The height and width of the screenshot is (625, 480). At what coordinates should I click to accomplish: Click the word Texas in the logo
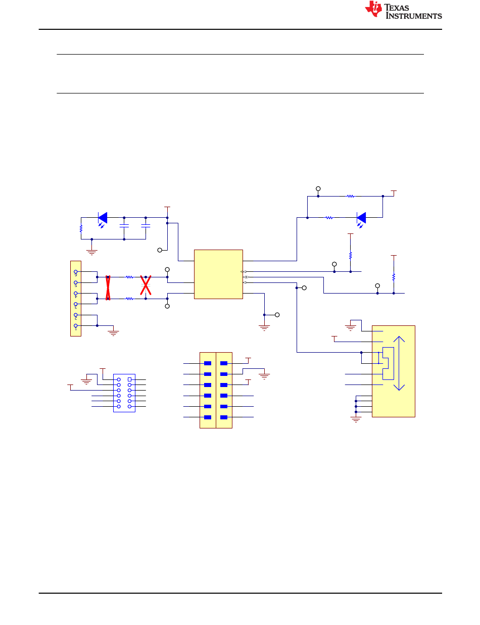pos(396,8)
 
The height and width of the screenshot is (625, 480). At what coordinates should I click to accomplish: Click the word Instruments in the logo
pos(414,16)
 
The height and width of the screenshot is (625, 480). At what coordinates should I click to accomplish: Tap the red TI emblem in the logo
pos(373,9)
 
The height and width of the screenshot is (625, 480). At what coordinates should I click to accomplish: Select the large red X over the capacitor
pos(146,285)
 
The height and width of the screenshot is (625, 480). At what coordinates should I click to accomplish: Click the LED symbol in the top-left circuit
pos(103,220)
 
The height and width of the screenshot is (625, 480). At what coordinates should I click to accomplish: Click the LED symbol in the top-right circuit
pos(361,220)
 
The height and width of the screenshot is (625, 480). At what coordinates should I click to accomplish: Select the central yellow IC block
pos(218,274)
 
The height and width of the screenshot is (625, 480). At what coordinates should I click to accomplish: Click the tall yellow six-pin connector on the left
pos(76,298)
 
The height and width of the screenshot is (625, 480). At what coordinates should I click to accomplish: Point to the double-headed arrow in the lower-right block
pos(399,363)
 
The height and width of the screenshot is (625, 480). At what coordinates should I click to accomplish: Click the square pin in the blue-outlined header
pos(129,379)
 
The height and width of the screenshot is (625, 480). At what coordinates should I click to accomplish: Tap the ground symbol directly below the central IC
pos(264,327)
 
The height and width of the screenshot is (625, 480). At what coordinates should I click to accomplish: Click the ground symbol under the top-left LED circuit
pos(92,252)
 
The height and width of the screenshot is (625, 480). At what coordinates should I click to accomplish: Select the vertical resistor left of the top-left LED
pos(81,229)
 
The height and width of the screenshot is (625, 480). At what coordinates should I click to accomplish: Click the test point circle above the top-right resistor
pos(318,188)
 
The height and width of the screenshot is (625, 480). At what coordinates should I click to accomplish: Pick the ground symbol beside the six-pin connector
pos(113,333)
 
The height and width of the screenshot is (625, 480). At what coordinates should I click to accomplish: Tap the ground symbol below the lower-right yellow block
pos(356,419)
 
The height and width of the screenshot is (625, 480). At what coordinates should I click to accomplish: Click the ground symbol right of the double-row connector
pos(264,376)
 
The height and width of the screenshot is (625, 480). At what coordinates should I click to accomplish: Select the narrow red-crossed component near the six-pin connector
pos(108,288)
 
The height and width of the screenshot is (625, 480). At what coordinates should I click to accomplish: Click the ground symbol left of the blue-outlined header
pos(86,381)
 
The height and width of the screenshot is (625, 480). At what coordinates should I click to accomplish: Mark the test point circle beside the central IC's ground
pos(277,315)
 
